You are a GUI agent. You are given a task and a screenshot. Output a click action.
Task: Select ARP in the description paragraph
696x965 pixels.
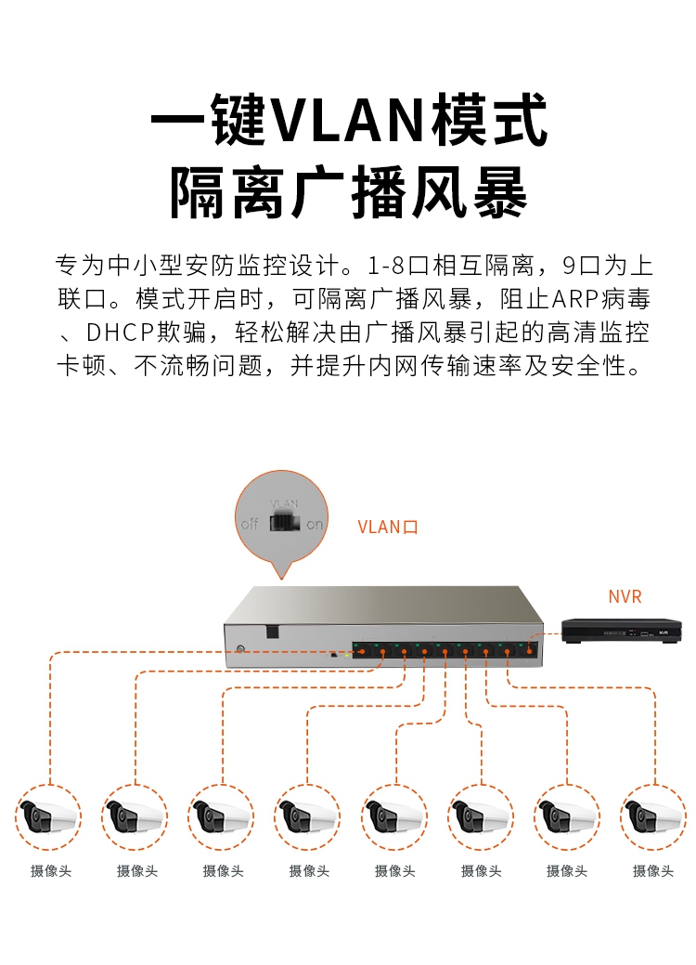tap(574, 300)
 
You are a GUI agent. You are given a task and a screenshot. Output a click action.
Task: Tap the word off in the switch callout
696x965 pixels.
tap(250, 524)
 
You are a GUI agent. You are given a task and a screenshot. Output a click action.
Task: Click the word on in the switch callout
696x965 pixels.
tap(316, 524)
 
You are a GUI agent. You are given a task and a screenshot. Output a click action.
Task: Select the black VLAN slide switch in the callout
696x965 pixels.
tap(282, 523)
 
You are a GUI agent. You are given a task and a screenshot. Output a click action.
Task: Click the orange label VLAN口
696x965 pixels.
tap(389, 527)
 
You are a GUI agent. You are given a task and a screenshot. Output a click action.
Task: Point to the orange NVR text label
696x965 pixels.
tap(625, 596)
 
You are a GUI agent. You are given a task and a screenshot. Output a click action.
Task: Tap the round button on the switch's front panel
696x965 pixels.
tap(240, 648)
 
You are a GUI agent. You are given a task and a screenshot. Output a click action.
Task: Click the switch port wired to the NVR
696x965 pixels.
tap(528, 649)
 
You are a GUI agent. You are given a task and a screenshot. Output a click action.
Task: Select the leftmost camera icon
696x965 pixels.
tap(47, 817)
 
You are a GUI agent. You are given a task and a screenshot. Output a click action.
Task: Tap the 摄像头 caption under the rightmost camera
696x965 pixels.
tap(653, 871)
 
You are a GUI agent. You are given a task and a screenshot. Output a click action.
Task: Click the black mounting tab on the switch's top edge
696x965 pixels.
tap(272, 631)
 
